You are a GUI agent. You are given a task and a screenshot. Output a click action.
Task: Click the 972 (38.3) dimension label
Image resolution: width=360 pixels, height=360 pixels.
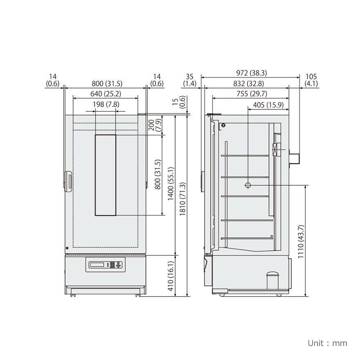pos(251,73)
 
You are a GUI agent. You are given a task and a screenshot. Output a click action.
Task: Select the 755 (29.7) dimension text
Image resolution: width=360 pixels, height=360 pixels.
pos(252,94)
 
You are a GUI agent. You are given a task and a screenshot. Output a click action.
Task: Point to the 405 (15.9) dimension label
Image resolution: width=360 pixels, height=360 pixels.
pos(268,105)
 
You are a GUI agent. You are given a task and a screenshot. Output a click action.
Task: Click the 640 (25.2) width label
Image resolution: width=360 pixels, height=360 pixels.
pos(106,94)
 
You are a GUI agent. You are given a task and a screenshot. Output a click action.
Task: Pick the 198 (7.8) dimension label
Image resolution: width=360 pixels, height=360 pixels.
pos(106,104)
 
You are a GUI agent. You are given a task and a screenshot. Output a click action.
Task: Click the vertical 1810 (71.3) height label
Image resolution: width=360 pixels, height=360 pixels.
pos(182,198)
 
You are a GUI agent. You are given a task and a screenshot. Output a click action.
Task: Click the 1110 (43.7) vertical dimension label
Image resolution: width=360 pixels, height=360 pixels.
pos(301,241)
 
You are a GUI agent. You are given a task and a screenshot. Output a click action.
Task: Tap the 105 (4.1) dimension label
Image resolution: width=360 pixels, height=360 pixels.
pos(311,80)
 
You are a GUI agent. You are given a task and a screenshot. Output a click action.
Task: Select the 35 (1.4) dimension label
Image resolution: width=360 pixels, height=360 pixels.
pos(189,80)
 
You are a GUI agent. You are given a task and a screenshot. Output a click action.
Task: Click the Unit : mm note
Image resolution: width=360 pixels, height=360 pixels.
pos(327,343)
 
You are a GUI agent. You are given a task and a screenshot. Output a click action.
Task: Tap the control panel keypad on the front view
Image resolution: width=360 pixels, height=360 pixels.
pos(115,265)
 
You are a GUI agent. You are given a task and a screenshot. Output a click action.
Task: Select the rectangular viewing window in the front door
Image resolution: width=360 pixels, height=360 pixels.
pos(106,175)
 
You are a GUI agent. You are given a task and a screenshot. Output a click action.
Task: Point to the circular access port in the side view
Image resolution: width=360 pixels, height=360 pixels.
pos(248,185)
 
